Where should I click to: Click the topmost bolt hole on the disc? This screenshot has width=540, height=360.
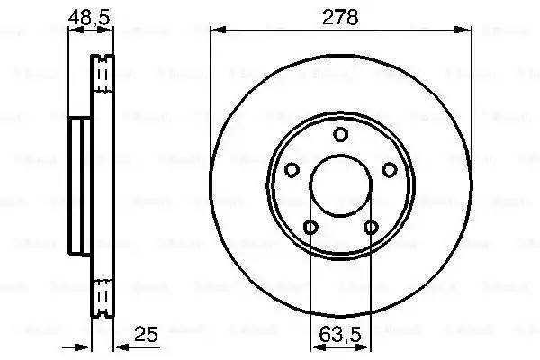tap(340, 136)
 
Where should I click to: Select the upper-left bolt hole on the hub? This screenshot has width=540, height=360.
tap(291, 169)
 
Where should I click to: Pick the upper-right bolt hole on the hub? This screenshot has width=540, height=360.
tap(389, 169)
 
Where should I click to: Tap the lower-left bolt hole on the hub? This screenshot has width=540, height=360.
tap(310, 227)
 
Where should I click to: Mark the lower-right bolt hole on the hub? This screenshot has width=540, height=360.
tap(370, 227)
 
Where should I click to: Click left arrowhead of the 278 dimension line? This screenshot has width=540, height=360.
tap(216, 30)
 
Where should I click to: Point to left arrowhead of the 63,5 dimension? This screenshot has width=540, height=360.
tap(314, 346)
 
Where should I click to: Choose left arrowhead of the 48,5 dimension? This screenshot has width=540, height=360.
tap(75, 30)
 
